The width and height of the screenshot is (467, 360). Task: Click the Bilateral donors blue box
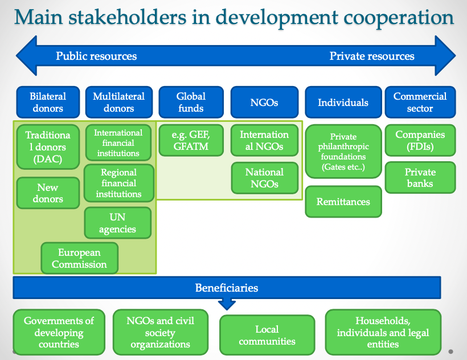coord(48,103)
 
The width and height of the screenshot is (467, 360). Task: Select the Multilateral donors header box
coord(119,103)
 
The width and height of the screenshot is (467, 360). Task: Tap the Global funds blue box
coord(190,103)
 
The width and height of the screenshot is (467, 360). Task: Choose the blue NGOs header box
coord(264,103)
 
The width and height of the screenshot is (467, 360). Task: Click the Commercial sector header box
coord(420,103)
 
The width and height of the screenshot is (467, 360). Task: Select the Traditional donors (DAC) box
coord(48,146)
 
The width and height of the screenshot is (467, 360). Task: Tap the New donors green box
coord(48,193)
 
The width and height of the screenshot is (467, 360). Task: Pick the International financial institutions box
coord(118,142)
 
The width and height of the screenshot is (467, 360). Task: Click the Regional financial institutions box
coord(118,183)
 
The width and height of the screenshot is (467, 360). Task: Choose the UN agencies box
coord(118,223)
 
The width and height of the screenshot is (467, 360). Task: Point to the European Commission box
coord(80,258)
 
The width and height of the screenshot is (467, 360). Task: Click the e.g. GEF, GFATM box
coord(190,140)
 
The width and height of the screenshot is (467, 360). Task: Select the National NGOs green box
coord(264,178)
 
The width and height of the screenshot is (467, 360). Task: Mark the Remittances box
coord(343,202)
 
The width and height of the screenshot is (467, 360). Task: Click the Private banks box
coord(420,178)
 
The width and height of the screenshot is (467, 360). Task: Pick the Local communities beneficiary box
coord(267,335)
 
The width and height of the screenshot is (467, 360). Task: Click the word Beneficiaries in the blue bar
coord(227,288)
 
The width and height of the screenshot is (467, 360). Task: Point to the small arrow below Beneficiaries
coord(227,304)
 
